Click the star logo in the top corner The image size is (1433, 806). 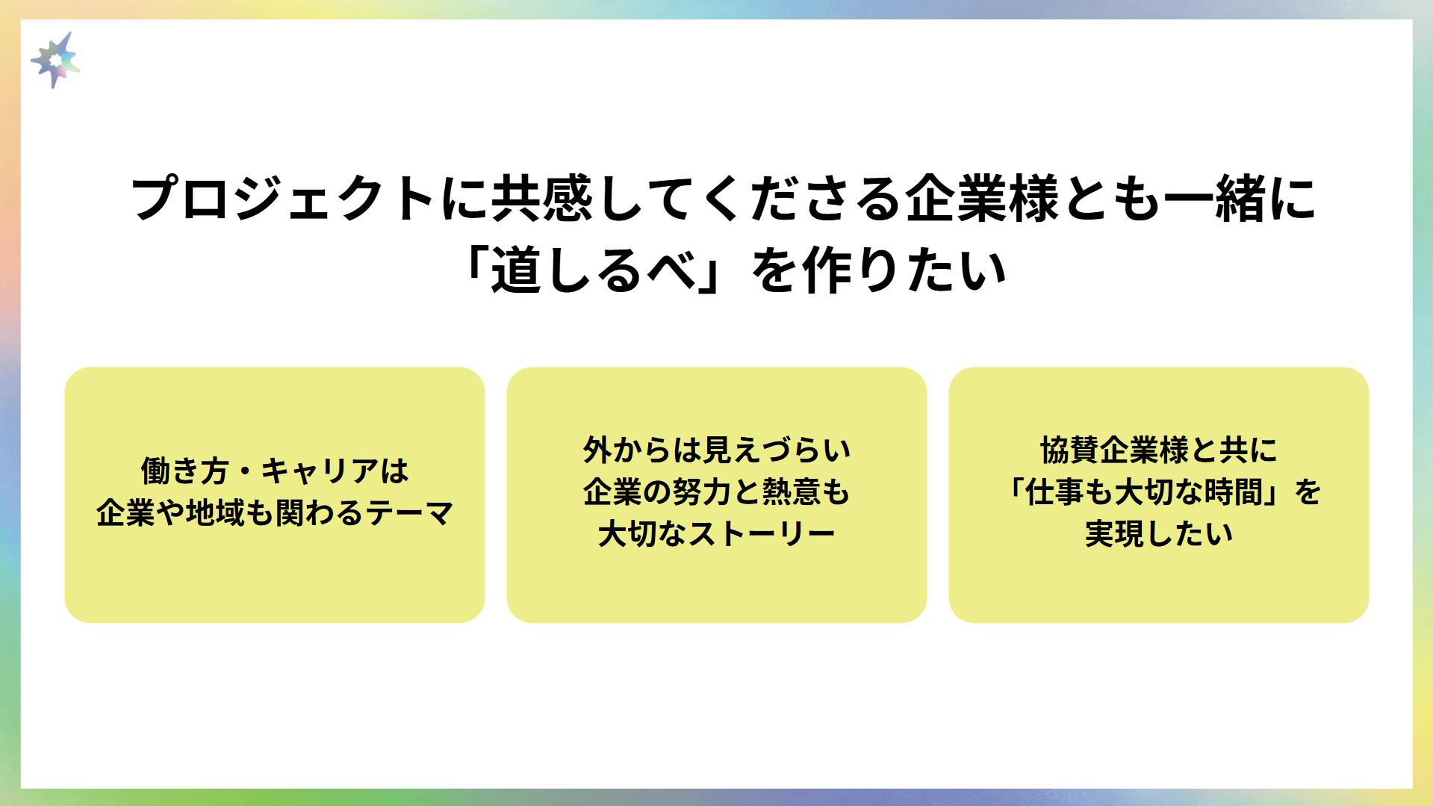pyautogui.click(x=55, y=60)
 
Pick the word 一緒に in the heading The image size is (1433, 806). pyautogui.click(x=1240, y=199)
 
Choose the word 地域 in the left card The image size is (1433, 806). pyautogui.click(x=216, y=513)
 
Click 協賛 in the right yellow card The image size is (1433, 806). pyautogui.click(x=1070, y=450)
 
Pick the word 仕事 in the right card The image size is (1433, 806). pyautogui.click(x=1055, y=492)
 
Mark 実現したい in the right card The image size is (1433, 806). pyautogui.click(x=1159, y=534)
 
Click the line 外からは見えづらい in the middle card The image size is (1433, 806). pyautogui.click(x=717, y=450)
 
